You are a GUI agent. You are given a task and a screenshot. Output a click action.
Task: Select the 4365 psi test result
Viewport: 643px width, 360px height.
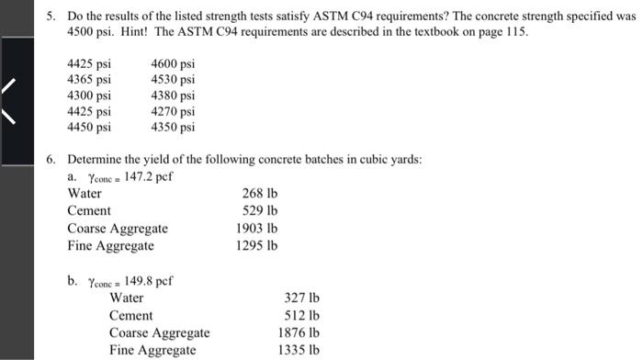[x=90, y=80]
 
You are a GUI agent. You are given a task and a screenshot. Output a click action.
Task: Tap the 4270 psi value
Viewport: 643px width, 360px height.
[x=173, y=111]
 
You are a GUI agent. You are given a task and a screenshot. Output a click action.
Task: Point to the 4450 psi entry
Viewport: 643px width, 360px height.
[x=90, y=127]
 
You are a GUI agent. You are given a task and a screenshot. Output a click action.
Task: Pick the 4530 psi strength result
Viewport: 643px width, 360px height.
[x=173, y=80]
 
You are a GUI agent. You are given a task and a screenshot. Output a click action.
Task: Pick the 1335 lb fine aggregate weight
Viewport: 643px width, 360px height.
[x=298, y=350]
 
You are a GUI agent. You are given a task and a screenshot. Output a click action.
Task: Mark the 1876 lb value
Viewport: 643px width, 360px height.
[x=298, y=332]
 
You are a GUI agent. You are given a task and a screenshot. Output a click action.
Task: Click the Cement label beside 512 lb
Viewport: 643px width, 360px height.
[x=131, y=315]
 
